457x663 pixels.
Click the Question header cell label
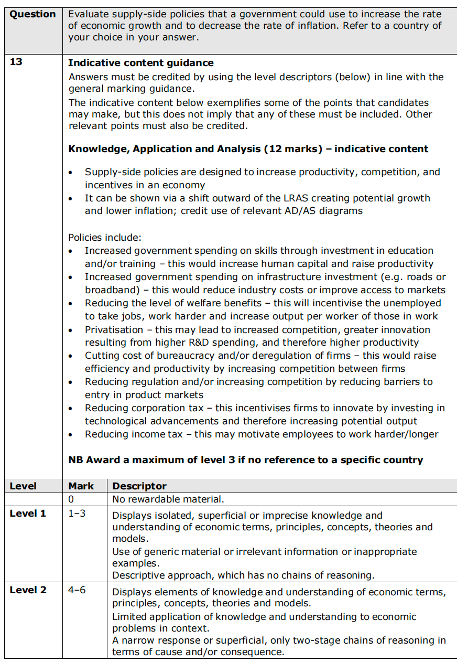click(x=32, y=14)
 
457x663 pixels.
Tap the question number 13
click(x=16, y=62)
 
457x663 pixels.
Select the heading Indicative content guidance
click(x=140, y=63)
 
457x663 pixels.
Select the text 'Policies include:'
click(x=105, y=238)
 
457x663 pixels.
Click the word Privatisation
click(x=114, y=330)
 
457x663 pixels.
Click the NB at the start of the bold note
click(x=75, y=460)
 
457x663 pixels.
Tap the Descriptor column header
click(x=139, y=486)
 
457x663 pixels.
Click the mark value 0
click(x=72, y=499)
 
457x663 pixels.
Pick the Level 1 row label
click(x=28, y=514)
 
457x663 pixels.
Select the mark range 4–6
click(x=77, y=590)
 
